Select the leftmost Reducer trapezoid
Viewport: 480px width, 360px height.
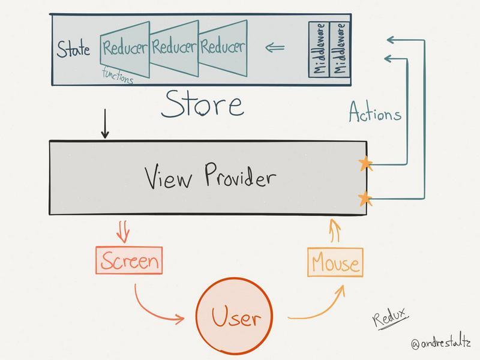124,48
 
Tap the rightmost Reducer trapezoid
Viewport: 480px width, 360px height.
223,47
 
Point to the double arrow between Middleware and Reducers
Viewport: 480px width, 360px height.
276,47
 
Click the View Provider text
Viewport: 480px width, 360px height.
211,178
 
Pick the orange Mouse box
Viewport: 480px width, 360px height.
335,263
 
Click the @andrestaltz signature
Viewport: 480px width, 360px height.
441,344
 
